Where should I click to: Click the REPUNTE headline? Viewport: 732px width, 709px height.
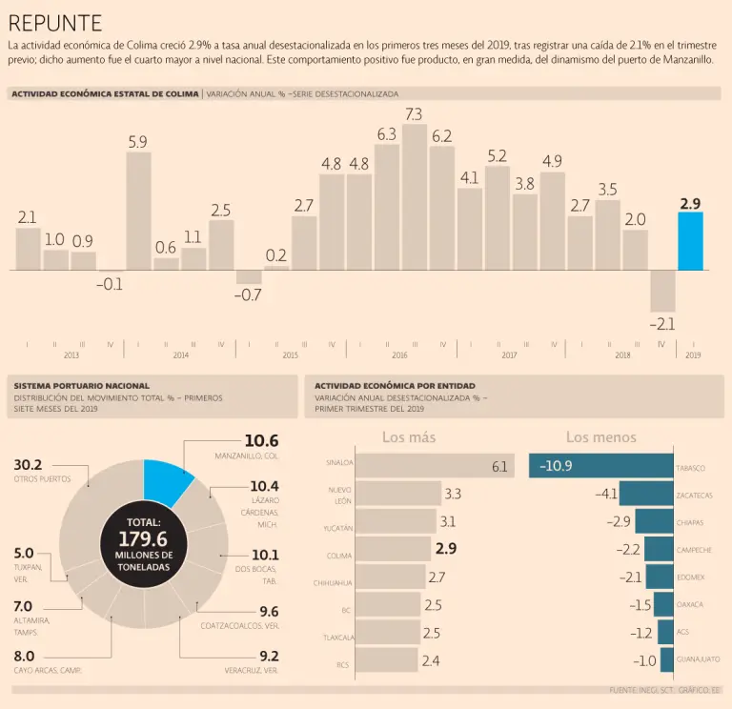coord(55,23)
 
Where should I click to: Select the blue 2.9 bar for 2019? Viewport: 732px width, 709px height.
coord(691,241)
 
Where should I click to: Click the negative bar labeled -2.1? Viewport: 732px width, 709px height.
coord(663,291)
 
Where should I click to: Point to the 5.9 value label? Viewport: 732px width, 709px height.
coord(137,142)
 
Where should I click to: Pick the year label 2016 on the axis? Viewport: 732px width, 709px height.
coord(399,355)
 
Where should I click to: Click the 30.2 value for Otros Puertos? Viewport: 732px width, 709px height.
coord(28,465)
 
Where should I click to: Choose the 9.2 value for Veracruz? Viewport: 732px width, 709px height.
coord(269,656)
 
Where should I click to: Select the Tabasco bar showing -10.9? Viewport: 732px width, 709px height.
coord(600,466)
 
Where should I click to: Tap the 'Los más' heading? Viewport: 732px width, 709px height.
coord(409,437)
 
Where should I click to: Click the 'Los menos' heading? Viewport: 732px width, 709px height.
coord(600,437)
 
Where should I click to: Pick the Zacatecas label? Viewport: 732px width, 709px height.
coord(694,496)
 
